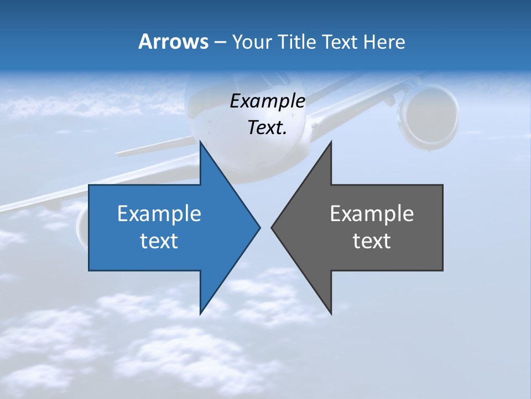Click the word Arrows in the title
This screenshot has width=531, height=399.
coord(173,42)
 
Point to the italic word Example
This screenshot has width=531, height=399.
coord(268,101)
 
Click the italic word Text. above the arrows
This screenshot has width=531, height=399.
coord(268,127)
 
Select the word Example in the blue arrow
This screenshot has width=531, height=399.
coord(159,213)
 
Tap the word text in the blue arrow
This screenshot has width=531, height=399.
coord(159,241)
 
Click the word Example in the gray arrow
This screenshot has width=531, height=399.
coord(372,213)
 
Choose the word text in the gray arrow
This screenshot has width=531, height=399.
coord(372,241)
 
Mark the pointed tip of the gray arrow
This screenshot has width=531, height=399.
coord(272,227)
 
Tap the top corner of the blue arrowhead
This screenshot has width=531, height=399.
coord(201,142)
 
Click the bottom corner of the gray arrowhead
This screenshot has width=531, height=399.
coord(331,313)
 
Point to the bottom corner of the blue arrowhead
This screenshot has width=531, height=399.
coord(201,313)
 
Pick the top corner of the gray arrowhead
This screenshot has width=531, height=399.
coord(331,142)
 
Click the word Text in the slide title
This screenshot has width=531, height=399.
coord(340,42)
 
